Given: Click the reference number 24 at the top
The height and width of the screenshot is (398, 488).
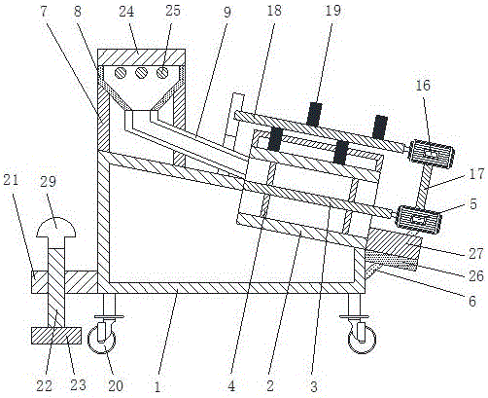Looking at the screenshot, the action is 126,12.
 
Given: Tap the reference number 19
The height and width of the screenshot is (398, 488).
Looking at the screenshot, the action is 333,10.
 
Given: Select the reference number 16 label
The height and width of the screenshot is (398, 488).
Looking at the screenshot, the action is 423,86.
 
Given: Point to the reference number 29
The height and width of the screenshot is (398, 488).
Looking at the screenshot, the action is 49,182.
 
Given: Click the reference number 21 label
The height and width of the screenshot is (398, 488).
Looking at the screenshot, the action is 11,180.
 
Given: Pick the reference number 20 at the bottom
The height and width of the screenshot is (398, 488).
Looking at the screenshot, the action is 116,385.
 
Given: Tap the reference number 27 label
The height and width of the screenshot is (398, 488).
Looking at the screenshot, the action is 476,253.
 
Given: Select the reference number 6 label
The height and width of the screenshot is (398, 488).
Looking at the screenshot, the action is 472,302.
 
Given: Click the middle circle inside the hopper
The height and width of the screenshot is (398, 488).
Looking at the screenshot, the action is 142,73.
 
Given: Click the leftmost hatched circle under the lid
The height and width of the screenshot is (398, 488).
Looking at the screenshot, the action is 121,73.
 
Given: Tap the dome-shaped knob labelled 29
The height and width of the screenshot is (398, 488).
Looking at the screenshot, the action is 56,227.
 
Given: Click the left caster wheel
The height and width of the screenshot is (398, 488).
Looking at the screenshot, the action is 101,340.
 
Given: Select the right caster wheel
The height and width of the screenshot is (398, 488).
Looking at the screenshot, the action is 363,340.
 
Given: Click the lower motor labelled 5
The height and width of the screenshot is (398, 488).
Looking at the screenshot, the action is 418,218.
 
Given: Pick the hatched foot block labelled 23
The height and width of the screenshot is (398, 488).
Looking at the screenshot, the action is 56,335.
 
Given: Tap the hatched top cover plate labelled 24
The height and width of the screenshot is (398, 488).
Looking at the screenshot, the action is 141,57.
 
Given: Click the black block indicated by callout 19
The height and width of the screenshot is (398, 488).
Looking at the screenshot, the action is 314,114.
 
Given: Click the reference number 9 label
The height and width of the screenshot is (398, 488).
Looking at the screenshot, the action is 227,12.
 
